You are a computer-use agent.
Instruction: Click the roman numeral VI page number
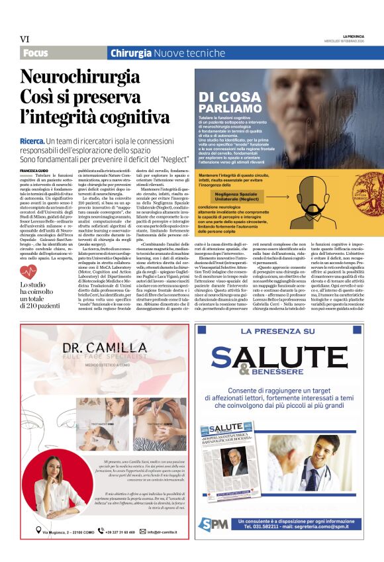(x=25, y=40)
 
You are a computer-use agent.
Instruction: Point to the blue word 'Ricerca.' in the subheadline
(x=32, y=142)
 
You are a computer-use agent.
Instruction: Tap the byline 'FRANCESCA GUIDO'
(x=33, y=170)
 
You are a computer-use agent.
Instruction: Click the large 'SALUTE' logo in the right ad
(x=287, y=353)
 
